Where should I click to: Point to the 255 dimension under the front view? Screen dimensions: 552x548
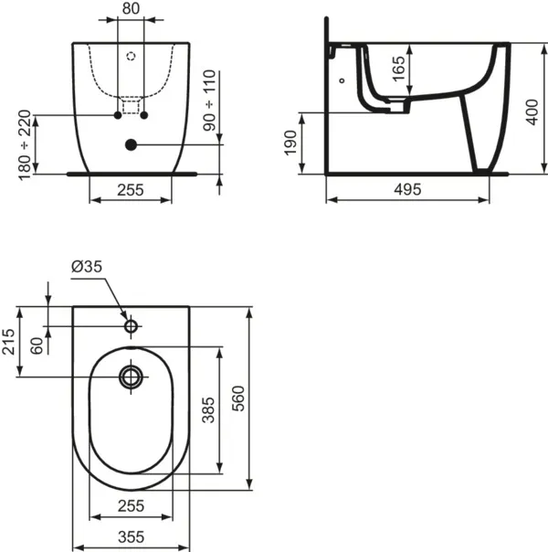pyautogui.click(x=130, y=191)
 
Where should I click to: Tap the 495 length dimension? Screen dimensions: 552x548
pyautogui.click(x=406, y=190)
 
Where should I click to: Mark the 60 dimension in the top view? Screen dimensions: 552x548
pyautogui.click(x=36, y=345)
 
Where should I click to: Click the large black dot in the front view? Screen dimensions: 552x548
pyautogui.click(x=131, y=144)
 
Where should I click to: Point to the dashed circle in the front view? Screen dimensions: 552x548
pyautogui.click(x=131, y=56)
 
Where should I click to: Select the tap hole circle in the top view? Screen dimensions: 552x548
pyautogui.click(x=131, y=325)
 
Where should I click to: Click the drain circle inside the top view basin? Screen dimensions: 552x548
pyautogui.click(x=131, y=376)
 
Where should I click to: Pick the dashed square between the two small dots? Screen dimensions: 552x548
pyautogui.click(x=131, y=109)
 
